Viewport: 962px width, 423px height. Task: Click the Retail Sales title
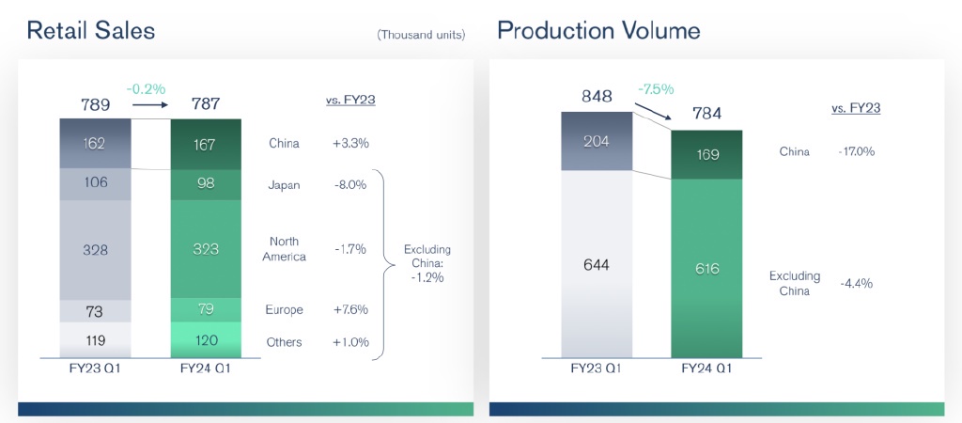90,31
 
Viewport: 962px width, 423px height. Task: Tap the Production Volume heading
598,31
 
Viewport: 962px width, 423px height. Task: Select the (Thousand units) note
421,35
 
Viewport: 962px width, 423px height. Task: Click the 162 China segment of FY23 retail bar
96,144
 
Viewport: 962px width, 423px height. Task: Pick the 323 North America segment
206,250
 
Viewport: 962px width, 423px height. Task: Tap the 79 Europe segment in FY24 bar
206,309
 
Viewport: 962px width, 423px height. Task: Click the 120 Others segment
206,341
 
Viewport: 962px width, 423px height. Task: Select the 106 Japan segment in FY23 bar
96,184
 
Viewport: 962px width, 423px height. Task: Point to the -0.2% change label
148,89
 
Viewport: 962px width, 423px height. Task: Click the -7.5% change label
656,89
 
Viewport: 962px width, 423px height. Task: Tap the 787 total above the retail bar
205,103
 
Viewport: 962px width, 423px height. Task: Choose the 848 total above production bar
597,96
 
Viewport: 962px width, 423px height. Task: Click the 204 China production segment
597,141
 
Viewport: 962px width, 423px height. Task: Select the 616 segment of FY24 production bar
706,269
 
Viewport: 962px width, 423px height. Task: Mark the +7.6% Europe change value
350,309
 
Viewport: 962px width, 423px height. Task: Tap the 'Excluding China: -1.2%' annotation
427,263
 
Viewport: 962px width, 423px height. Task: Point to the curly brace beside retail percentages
384,263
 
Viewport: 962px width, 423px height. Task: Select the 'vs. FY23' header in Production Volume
856,108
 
